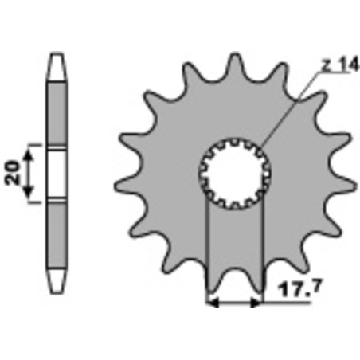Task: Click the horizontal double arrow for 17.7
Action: pos(235,303)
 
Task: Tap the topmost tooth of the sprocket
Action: pos(235,65)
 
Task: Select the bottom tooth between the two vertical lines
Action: pos(236,279)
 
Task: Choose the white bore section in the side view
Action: pos(57,173)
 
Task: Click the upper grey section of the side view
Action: pos(56,112)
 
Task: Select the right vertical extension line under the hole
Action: pos(262,255)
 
